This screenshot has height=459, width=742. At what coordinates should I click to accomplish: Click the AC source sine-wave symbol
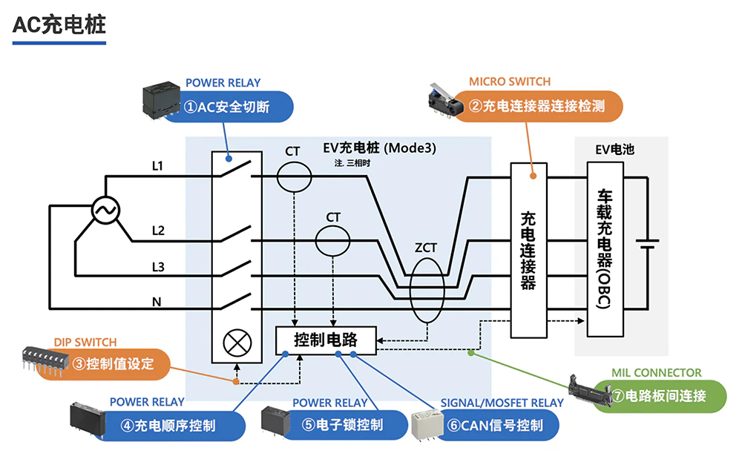[105, 211]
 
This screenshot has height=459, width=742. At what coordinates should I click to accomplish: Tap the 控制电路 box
[326, 340]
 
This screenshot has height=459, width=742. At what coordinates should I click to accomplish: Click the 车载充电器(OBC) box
[605, 249]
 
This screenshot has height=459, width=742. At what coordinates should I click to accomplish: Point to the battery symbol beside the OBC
[648, 245]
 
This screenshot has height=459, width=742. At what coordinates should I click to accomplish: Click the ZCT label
[426, 248]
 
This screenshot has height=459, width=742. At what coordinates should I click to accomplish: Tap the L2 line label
[157, 230]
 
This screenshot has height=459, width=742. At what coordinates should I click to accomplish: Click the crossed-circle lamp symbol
[237, 343]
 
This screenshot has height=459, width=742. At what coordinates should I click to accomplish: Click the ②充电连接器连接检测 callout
[542, 106]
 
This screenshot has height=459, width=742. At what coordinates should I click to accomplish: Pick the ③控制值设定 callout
[119, 365]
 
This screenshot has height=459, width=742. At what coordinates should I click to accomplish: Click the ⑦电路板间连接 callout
[657, 394]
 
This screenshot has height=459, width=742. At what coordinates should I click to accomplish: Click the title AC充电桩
[59, 24]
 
